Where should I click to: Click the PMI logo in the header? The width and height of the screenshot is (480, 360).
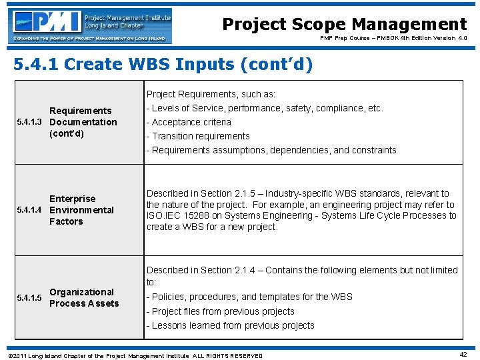pyautogui.click(x=91, y=26)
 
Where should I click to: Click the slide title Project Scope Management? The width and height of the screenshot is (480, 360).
pyautogui.click(x=344, y=25)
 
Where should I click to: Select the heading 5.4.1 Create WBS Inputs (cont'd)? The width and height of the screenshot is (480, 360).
pyautogui.click(x=163, y=65)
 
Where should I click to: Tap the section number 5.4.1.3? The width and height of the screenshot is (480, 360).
pyautogui.click(x=31, y=122)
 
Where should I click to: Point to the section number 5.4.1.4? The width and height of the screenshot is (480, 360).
pyautogui.click(x=31, y=210)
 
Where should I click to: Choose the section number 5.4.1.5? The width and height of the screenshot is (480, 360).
pyautogui.click(x=31, y=297)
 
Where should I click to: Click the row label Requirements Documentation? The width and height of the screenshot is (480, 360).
pyautogui.click(x=83, y=122)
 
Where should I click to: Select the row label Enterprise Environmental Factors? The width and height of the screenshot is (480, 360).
pyautogui.click(x=81, y=210)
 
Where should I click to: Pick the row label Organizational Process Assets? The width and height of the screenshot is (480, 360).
pyautogui.click(x=84, y=297)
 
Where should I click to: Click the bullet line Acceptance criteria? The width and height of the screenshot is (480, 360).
pyautogui.click(x=189, y=122)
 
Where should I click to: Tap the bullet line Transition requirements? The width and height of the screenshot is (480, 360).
pyautogui.click(x=198, y=136)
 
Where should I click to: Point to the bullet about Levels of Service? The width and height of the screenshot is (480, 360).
pyautogui.click(x=265, y=108)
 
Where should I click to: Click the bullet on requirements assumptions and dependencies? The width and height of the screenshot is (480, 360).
pyautogui.click(x=271, y=150)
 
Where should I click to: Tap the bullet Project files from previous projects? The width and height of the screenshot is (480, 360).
pyautogui.click(x=220, y=311)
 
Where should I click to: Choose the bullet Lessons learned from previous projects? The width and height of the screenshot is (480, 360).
pyautogui.click(x=230, y=325)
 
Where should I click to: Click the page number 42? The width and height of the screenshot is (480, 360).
pyautogui.click(x=463, y=355)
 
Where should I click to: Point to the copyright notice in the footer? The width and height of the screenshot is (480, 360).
pyautogui.click(x=134, y=355)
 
